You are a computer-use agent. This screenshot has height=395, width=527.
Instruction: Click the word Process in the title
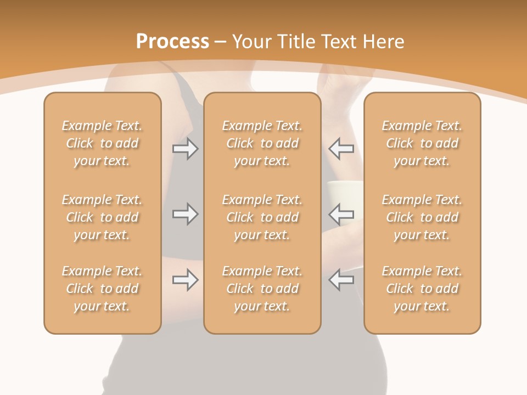coord(172,41)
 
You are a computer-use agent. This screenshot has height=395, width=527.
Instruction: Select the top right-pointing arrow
coord(185,149)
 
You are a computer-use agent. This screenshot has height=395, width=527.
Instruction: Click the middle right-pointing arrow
coord(185,214)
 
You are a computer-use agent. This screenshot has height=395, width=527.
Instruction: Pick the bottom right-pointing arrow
coord(185,280)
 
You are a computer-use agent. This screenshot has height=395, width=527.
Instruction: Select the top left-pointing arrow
coord(341,149)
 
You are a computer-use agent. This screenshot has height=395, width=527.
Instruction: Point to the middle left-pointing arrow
coord(341,214)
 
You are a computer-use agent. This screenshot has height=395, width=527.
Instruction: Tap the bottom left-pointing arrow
coord(341,280)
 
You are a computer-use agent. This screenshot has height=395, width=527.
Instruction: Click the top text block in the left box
coord(102,143)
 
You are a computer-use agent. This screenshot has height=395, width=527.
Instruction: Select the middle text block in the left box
coord(102,217)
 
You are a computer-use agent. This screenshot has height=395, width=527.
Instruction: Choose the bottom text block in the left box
coord(102,289)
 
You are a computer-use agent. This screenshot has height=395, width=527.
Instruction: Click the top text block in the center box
coord(262,143)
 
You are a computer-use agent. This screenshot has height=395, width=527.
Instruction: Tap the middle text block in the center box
coord(262,217)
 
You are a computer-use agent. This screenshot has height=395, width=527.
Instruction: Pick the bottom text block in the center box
coord(262,289)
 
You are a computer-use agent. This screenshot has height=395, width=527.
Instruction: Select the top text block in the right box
coord(422,143)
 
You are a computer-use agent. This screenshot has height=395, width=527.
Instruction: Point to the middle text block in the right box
coord(422,217)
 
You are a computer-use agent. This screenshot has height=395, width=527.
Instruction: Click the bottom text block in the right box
coord(422,289)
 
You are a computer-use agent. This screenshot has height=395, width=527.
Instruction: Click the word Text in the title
coord(337,41)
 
